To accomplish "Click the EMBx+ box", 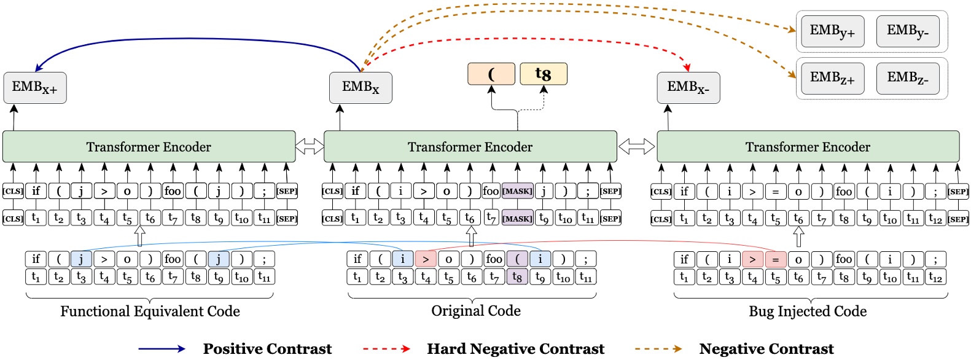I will pyautogui.click(x=34, y=87).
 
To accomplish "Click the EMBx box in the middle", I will pyautogui.click(x=361, y=87).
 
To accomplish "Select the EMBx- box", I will pyautogui.click(x=688, y=87).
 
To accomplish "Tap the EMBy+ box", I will pyautogui.click(x=832, y=31).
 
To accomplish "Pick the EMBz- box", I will pyautogui.click(x=907, y=78).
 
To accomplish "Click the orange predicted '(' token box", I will pyautogui.click(x=491, y=74).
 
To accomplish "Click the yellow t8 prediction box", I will pyautogui.click(x=543, y=74).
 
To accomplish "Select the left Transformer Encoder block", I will pyautogui.click(x=149, y=147).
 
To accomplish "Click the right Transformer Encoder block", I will pyautogui.click(x=808, y=147).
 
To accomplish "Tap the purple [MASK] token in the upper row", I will pyautogui.click(x=517, y=191).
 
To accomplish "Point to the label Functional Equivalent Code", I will pyautogui.click(x=150, y=311).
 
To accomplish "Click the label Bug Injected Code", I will pyautogui.click(x=807, y=311).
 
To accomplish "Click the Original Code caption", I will pyautogui.click(x=475, y=311).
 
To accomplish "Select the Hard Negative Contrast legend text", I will pyautogui.click(x=515, y=349).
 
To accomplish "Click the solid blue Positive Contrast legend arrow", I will pyautogui.click(x=162, y=349).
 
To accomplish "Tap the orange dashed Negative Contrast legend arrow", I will pyautogui.click(x=658, y=349).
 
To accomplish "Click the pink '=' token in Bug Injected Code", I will pyautogui.click(x=775, y=259).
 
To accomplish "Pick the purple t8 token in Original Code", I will pyautogui.click(x=517, y=277).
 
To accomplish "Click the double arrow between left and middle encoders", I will pyautogui.click(x=310, y=146).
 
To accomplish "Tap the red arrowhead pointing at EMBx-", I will pyautogui.click(x=687, y=66).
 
